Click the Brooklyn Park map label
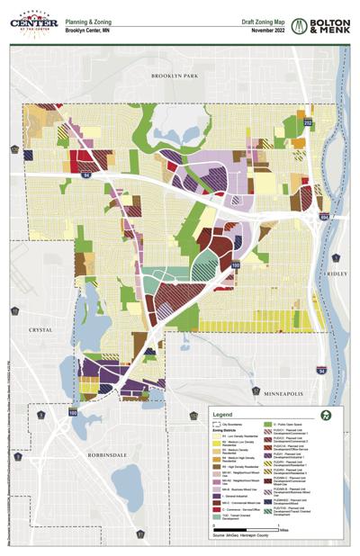(x=174, y=76)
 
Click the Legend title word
(x=223, y=414)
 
